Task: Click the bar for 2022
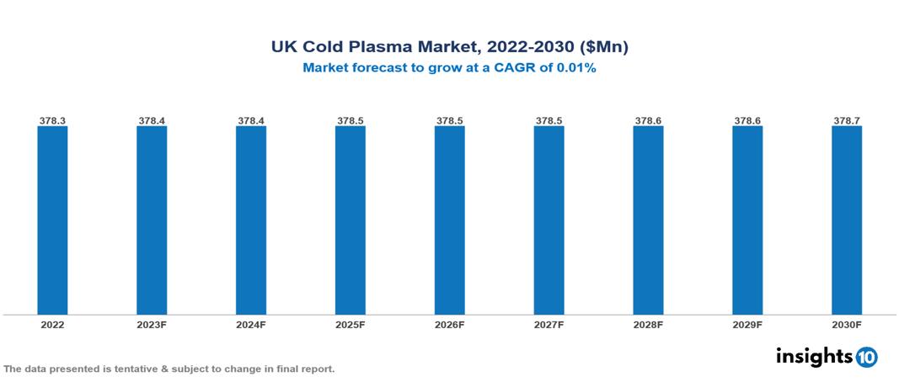pyautogui.click(x=52, y=220)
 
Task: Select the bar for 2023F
pyautogui.click(x=152, y=220)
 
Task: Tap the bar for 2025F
pyautogui.click(x=350, y=220)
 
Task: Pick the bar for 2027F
pyautogui.click(x=548, y=220)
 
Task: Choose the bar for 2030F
pyautogui.click(x=847, y=220)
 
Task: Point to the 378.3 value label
pyautogui.click(x=52, y=121)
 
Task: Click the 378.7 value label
pyautogui.click(x=847, y=121)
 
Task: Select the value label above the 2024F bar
pyautogui.click(x=251, y=121)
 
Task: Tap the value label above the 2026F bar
pyautogui.click(x=449, y=121)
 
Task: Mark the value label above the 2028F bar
pyautogui.click(x=648, y=121)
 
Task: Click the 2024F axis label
pyautogui.click(x=251, y=325)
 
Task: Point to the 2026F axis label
pyautogui.click(x=449, y=325)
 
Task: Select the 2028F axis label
pyautogui.click(x=648, y=325)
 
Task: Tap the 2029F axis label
pyautogui.click(x=747, y=325)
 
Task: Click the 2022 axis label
pyautogui.click(x=52, y=325)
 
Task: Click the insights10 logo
pyautogui.click(x=827, y=357)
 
